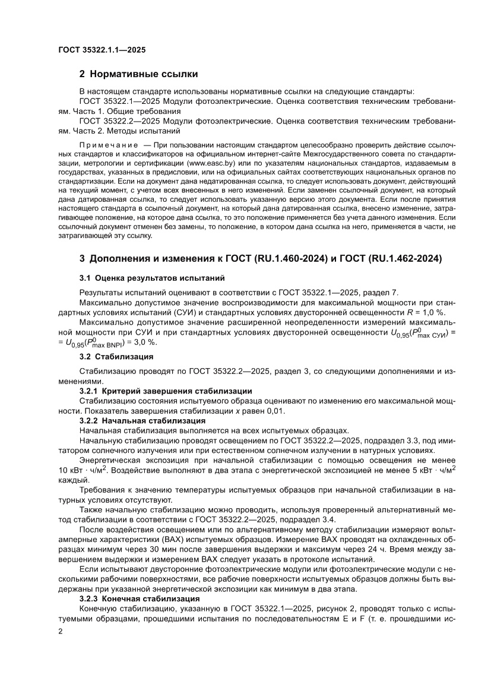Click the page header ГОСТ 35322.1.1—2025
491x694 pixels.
(102, 50)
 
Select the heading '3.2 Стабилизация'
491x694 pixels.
(116, 357)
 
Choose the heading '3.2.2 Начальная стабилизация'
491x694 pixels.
(143, 420)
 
